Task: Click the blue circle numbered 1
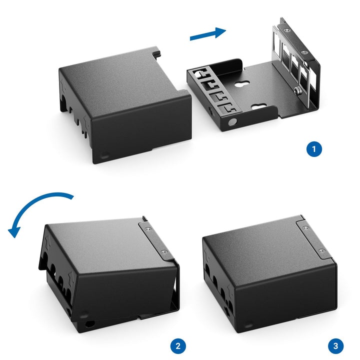(x=314, y=149)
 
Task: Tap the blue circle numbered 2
(x=178, y=346)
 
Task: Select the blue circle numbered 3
(x=336, y=346)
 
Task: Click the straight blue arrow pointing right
(x=208, y=34)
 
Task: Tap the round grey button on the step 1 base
(x=232, y=122)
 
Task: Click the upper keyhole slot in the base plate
(x=242, y=84)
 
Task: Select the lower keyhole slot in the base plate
(x=259, y=106)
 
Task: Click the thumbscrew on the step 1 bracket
(x=298, y=90)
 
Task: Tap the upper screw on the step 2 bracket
(x=148, y=228)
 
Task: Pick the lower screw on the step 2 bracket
(x=163, y=252)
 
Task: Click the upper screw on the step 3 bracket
(x=305, y=228)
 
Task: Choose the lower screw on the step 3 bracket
(x=322, y=251)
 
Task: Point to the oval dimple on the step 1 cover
(x=105, y=155)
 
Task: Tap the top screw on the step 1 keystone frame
(x=286, y=30)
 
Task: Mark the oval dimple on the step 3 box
(x=248, y=326)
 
